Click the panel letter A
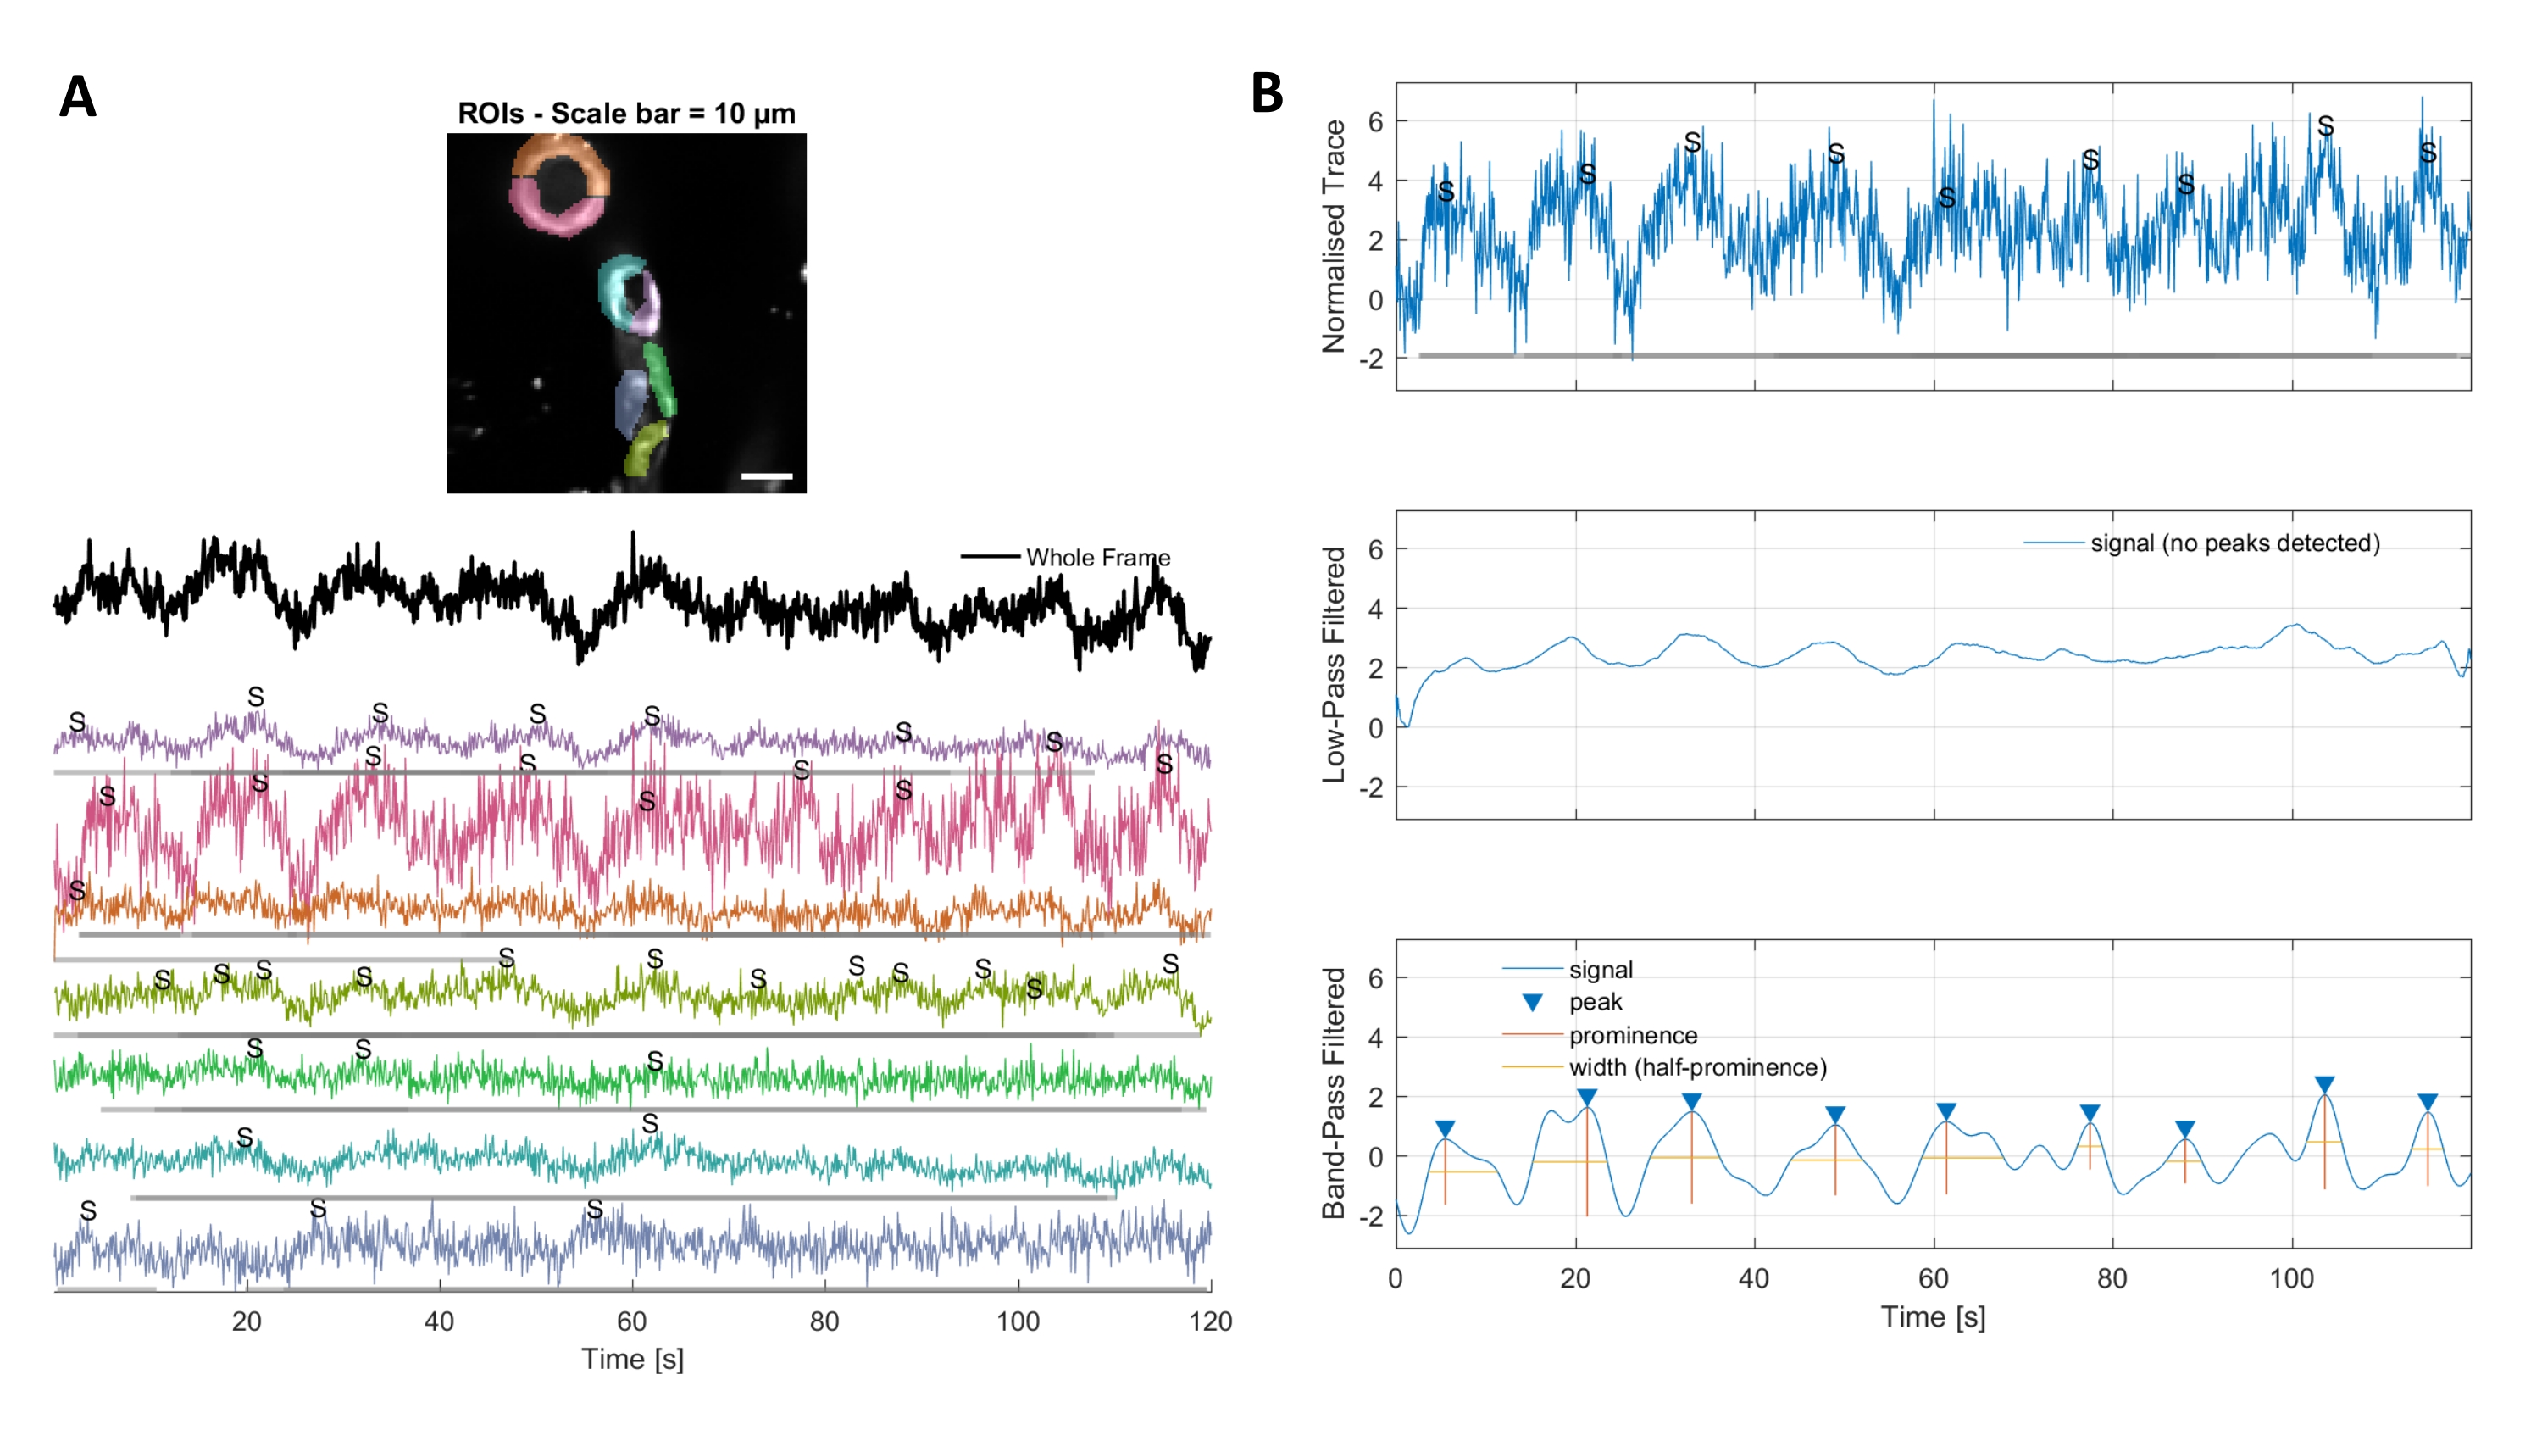78,97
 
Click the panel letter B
1267,94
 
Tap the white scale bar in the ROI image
767,476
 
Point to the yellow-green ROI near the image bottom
644,449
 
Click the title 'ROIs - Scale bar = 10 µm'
625,114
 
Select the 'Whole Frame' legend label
1097,558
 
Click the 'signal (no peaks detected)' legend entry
2234,543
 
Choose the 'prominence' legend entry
1632,1035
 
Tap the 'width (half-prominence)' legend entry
1697,1067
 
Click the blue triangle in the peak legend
1533,1003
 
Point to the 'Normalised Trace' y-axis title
1333,236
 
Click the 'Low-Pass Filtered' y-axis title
1333,665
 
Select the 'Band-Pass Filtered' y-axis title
1333,1093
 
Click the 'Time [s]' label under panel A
633,1359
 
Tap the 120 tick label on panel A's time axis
1210,1321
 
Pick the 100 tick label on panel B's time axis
2291,1279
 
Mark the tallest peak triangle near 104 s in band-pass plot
2324,1085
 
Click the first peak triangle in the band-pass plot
1445,1129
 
